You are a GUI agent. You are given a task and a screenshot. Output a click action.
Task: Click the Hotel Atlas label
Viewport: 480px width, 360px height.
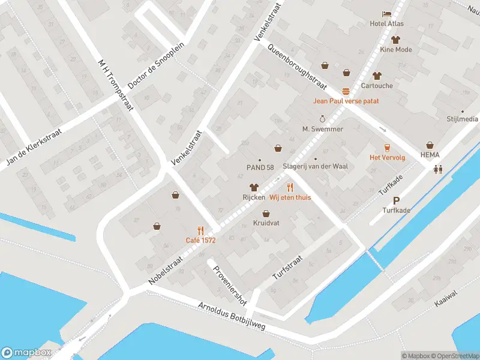pos(387,24)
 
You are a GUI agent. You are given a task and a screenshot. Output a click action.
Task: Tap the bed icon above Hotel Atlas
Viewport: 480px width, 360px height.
pos(387,14)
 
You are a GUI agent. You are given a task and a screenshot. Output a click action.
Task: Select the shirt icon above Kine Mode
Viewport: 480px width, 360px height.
pos(395,40)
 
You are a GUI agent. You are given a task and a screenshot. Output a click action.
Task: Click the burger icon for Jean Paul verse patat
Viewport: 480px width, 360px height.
pos(346,91)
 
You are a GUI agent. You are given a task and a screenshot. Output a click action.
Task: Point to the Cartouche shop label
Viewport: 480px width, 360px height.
pos(376,86)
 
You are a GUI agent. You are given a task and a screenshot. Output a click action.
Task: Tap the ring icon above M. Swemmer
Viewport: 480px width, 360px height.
pos(322,119)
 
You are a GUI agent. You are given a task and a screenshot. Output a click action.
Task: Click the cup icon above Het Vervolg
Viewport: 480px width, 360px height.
pos(387,148)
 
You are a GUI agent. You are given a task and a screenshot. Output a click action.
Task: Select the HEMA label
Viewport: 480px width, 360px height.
pos(430,155)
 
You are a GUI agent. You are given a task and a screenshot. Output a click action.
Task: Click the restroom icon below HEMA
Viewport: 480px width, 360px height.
pos(438,169)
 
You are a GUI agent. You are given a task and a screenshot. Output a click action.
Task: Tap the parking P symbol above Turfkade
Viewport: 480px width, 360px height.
pos(395,200)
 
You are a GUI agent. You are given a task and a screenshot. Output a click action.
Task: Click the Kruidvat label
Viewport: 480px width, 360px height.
pos(266,223)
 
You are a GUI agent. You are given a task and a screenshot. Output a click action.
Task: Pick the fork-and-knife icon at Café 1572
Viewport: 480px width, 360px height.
pos(200,230)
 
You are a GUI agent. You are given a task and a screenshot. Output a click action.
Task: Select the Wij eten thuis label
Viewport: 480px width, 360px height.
pos(290,197)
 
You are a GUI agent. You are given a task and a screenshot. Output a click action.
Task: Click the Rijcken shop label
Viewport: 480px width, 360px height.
pos(254,197)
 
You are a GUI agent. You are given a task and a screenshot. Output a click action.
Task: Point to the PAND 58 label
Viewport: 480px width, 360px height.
pos(260,167)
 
